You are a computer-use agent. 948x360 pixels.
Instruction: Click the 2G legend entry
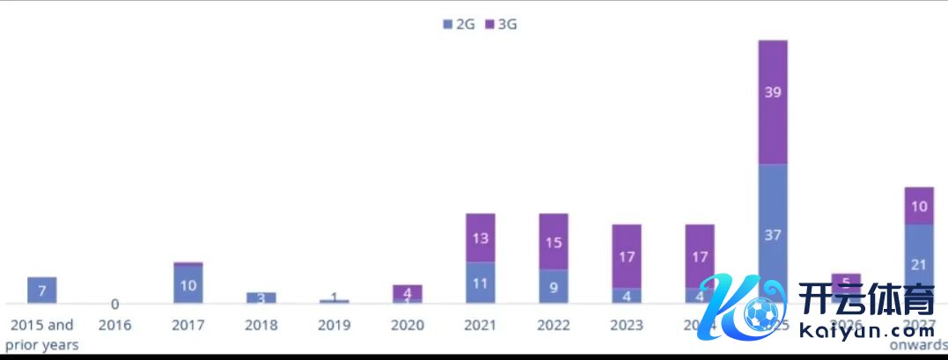459,25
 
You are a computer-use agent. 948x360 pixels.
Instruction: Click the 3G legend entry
501,25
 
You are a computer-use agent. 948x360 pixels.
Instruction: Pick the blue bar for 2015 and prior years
42,290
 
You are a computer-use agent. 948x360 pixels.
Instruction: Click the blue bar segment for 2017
188,285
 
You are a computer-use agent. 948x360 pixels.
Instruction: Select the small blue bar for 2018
261,298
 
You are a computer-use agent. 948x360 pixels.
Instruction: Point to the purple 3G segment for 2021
481,238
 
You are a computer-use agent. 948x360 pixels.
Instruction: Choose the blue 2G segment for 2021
481,283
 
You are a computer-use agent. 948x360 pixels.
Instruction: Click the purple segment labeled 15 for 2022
554,241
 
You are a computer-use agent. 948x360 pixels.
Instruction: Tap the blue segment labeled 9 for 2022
554,286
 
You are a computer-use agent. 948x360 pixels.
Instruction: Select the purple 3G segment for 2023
627,257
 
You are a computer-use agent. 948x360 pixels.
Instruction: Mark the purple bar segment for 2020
408,292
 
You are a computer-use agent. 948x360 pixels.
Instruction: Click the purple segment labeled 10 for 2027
919,206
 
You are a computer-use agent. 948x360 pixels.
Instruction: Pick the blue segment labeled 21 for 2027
919,264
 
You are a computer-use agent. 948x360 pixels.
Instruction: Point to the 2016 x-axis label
115,326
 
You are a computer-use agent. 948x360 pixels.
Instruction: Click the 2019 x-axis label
334,326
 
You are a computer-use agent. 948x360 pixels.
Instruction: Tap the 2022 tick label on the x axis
554,326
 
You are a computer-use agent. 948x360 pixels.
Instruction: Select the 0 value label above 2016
115,305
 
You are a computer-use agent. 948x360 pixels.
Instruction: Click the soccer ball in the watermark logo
759,312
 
